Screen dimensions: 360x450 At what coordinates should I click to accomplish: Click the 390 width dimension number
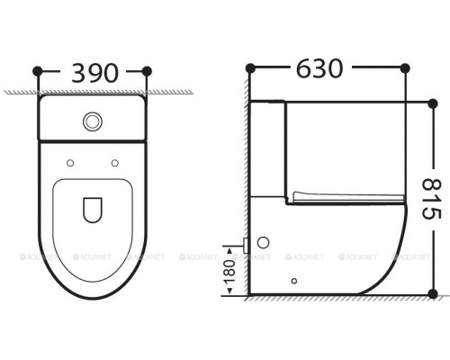(x=92, y=70)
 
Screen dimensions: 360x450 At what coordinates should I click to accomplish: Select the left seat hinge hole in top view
(x=68, y=163)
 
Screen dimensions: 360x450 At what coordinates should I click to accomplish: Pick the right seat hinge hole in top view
(x=115, y=163)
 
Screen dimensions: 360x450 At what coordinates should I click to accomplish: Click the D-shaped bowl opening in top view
(x=92, y=210)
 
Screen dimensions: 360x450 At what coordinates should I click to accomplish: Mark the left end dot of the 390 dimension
(x=37, y=70)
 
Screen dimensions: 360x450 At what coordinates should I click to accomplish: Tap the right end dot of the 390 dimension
(x=148, y=70)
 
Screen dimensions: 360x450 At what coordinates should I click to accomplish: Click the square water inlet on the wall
(x=247, y=244)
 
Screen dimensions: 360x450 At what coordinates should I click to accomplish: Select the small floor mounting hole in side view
(x=293, y=280)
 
